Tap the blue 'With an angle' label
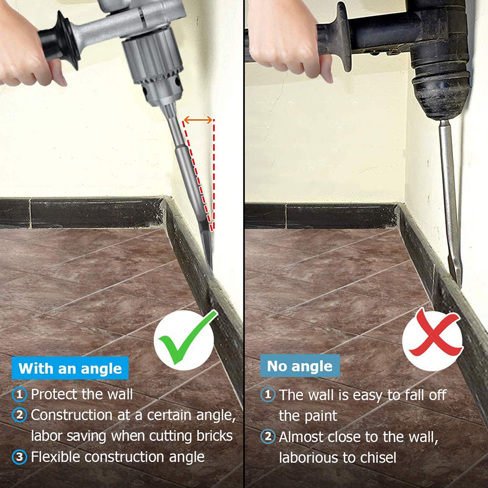(x=70, y=368)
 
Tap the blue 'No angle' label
(x=300, y=366)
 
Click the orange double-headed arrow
(x=198, y=120)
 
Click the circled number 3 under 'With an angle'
(x=20, y=457)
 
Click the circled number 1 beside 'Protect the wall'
(x=20, y=394)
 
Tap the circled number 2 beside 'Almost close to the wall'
(x=268, y=436)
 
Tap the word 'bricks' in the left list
(x=215, y=436)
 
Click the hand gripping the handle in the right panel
(x=290, y=40)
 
